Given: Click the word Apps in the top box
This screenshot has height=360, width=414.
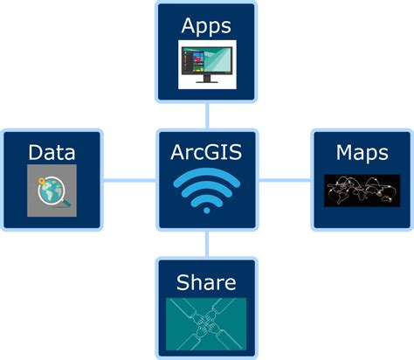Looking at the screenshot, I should pyautogui.click(x=206, y=25).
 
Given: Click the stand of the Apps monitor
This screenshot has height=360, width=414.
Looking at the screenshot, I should pyautogui.click(x=208, y=80).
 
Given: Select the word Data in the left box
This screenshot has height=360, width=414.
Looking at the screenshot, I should pyautogui.click(x=52, y=153).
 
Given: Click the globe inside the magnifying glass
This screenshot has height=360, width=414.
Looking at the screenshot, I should pyautogui.click(x=50, y=190).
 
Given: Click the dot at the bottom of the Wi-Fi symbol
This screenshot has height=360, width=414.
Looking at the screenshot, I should pyautogui.click(x=207, y=208).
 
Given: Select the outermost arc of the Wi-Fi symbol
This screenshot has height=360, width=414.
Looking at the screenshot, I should pyautogui.click(x=207, y=175).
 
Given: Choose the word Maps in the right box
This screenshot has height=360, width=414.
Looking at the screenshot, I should pyautogui.click(x=362, y=153).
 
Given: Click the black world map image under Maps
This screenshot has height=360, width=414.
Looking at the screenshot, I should pyautogui.click(x=362, y=190).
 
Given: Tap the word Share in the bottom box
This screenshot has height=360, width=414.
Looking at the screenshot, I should pyautogui.click(x=206, y=281).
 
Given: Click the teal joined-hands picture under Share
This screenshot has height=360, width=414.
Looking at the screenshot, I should pyautogui.click(x=206, y=323).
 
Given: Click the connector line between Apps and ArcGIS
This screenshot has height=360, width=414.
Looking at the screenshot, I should pyautogui.click(x=207, y=115).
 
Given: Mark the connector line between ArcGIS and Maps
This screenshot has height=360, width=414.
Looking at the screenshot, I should pyautogui.click(x=285, y=180).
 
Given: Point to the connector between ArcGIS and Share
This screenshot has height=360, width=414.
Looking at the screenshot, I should pyautogui.click(x=207, y=244).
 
